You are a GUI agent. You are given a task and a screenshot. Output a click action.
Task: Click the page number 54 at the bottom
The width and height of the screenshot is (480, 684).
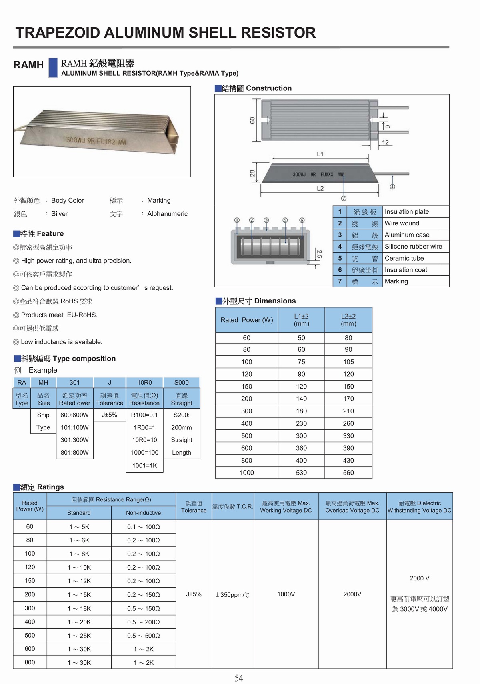238,678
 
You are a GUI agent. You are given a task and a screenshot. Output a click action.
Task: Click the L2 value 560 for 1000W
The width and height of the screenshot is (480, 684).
348,473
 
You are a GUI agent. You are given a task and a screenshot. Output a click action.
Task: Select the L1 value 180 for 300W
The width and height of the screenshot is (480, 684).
301,411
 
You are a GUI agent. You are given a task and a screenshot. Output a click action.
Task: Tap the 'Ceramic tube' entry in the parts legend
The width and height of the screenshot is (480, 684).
404,258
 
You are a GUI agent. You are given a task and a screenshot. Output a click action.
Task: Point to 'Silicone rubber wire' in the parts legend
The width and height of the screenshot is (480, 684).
413,247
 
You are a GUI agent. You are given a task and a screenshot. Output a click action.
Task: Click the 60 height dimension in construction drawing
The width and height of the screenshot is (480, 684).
252,120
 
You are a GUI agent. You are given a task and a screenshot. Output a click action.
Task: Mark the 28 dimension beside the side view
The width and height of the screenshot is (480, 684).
252,173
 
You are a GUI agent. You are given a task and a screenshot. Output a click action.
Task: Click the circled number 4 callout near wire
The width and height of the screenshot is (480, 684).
392,187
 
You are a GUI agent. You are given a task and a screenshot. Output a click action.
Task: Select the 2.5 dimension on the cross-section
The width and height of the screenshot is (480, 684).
319,254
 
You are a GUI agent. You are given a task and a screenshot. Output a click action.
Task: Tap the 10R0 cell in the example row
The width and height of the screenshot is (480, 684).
144,382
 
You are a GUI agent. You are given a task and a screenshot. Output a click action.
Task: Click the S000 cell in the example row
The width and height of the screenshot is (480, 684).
181,382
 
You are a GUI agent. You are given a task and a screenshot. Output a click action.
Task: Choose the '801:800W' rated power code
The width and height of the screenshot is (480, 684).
74,453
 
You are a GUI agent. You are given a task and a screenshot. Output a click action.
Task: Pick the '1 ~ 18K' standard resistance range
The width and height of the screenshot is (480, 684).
79,608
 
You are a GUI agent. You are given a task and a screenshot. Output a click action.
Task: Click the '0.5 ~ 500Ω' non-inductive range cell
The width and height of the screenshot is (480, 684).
143,636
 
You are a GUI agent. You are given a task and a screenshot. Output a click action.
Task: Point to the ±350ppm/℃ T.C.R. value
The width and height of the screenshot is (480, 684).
232,595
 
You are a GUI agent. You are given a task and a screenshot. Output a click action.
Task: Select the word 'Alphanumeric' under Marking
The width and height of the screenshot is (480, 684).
167,214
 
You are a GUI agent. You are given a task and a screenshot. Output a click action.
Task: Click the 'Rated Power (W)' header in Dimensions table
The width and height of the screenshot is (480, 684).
247,320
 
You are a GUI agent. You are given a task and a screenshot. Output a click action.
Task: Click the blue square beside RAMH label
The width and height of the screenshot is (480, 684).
53,67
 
